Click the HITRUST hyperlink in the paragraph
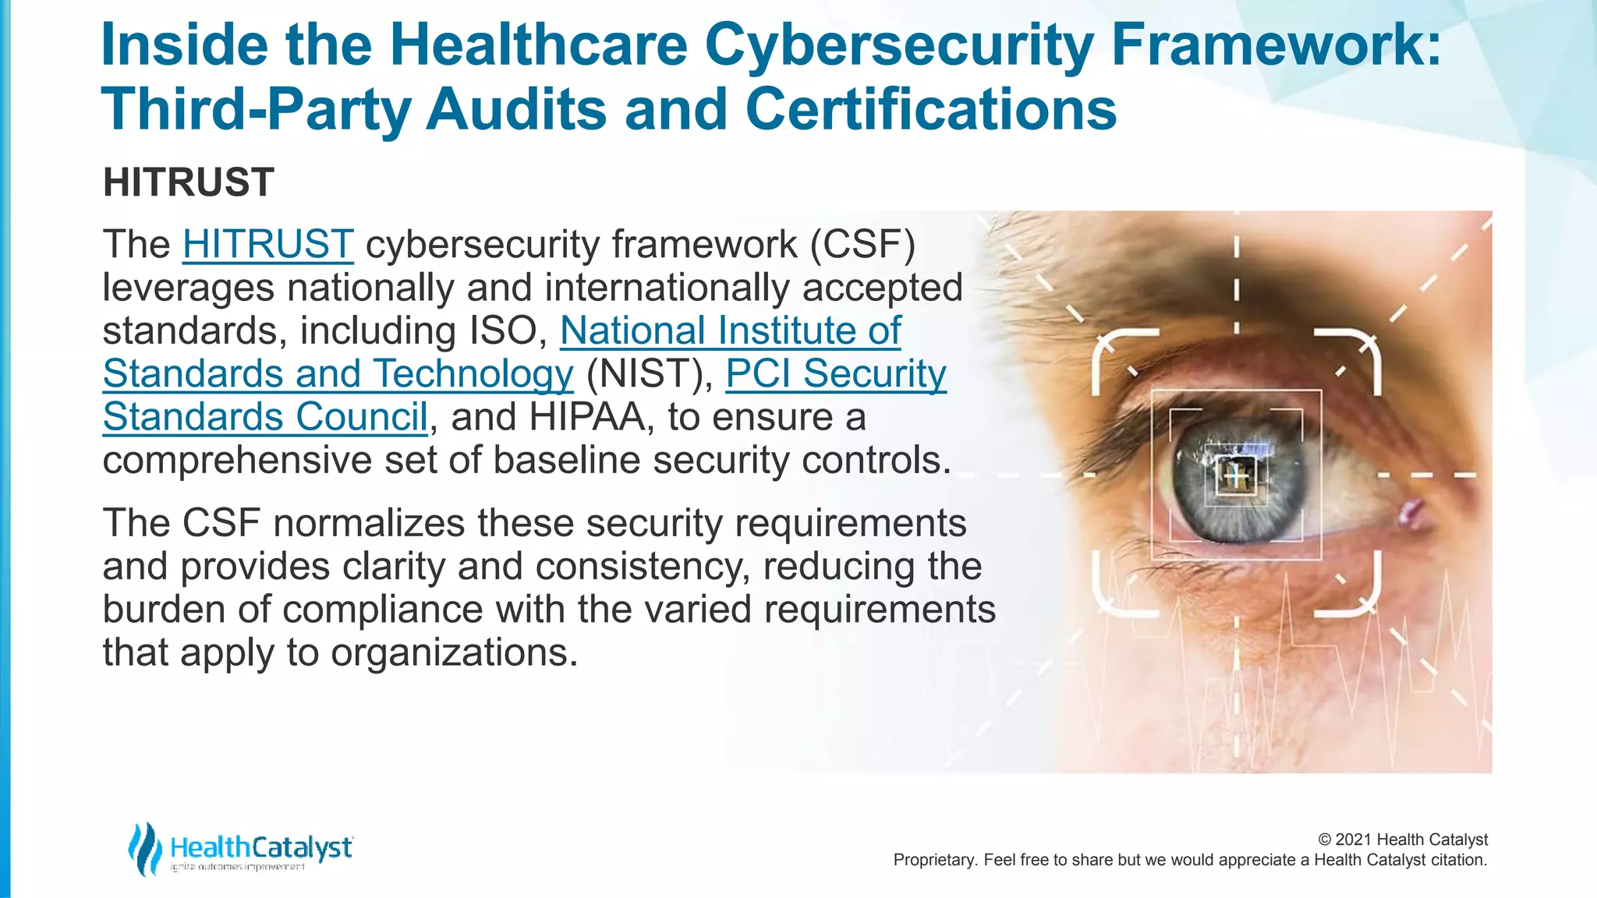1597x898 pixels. (267, 245)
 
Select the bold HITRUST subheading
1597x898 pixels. (189, 183)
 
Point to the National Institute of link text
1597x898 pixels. (730, 331)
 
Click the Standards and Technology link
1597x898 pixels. (338, 374)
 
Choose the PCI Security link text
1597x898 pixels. (835, 374)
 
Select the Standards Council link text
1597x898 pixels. (265, 417)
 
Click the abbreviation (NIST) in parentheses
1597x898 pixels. (649, 374)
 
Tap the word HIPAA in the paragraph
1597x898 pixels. (587, 417)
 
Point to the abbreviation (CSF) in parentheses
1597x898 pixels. (862, 245)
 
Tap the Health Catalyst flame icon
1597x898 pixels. (145, 849)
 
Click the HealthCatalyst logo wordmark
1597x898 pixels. (261, 847)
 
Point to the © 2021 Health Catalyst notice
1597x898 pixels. (1402, 840)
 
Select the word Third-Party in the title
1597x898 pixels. (255, 109)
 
